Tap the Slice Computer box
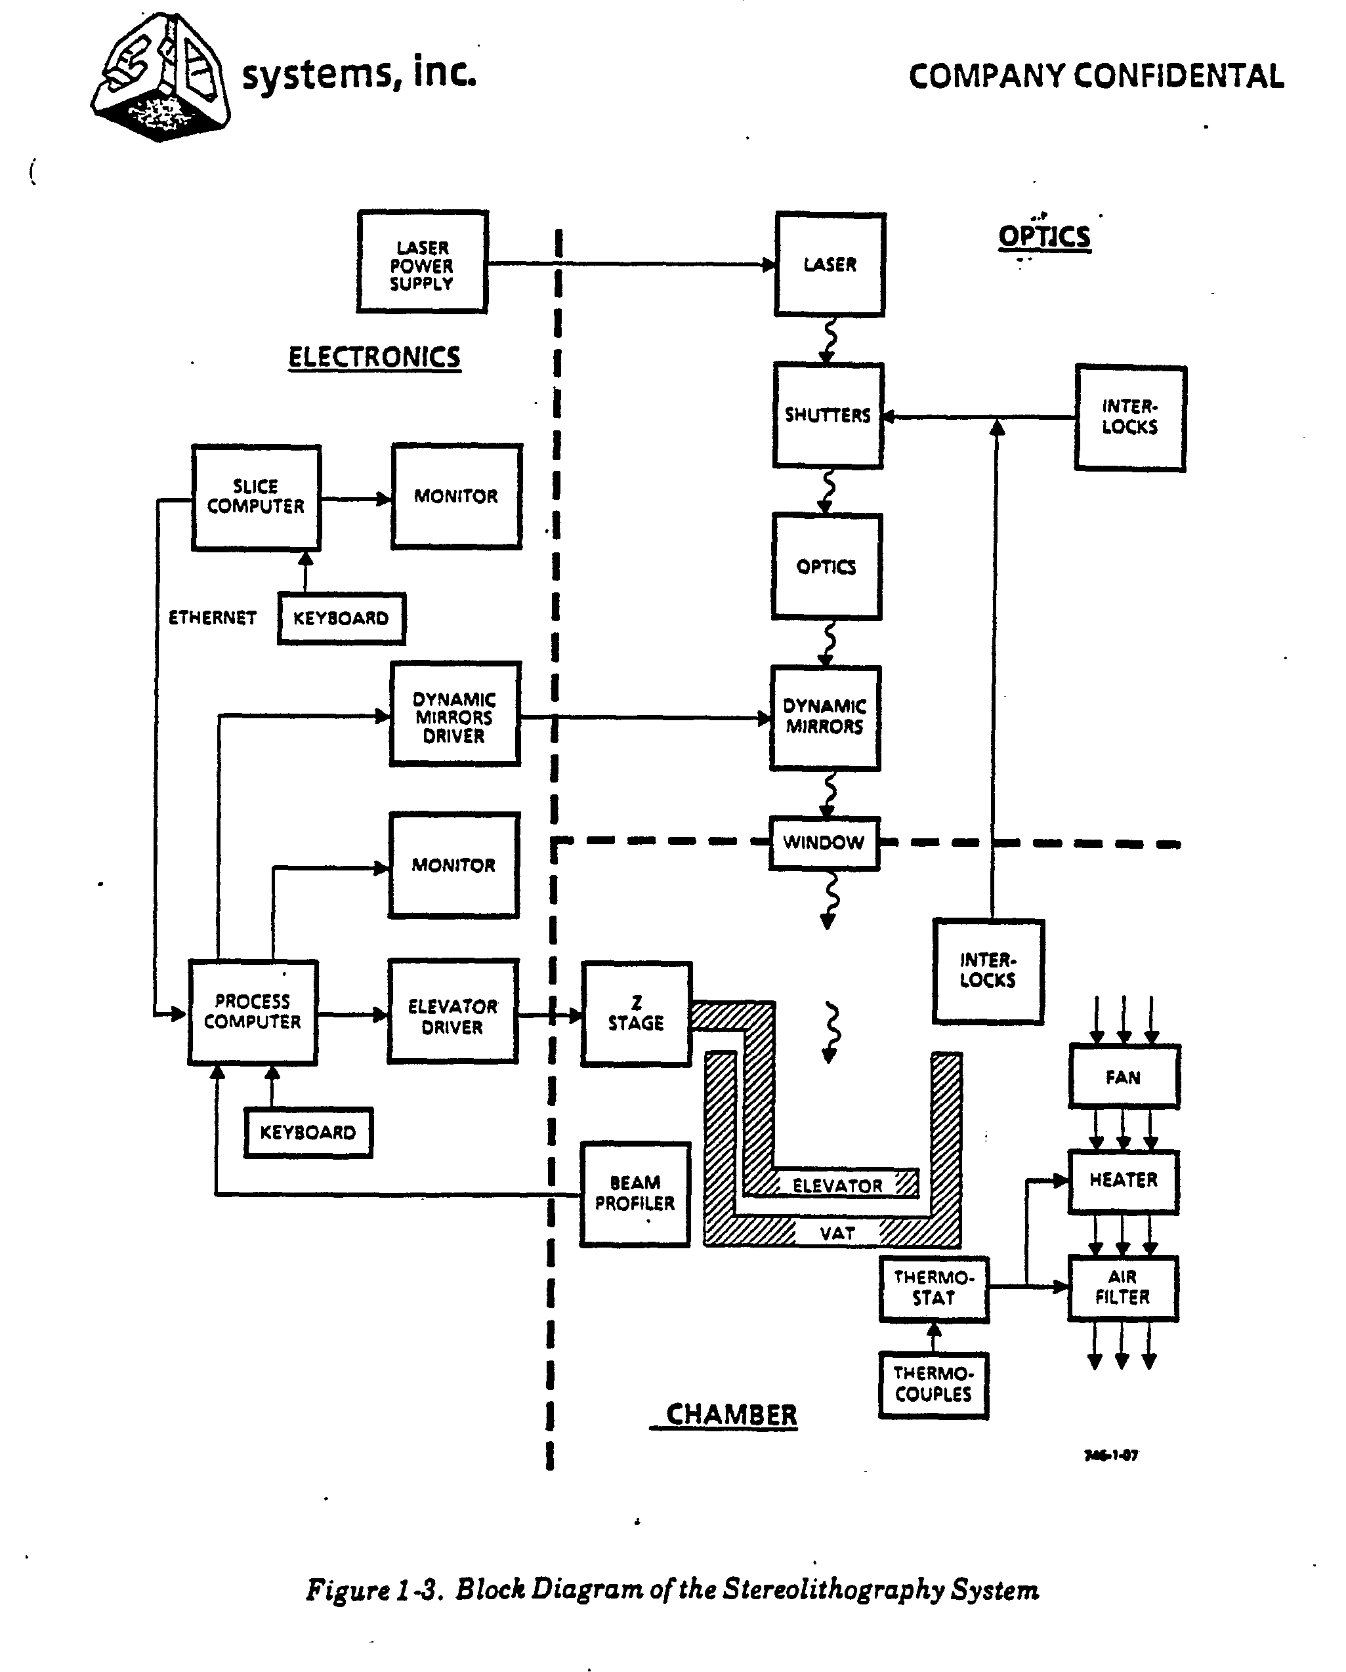[x=256, y=498]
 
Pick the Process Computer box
[x=253, y=1012]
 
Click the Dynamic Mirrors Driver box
[x=455, y=714]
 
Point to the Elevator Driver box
[x=453, y=1011]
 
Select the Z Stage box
[x=636, y=1014]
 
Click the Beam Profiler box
[x=635, y=1194]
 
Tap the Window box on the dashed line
[x=824, y=843]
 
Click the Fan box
[x=1124, y=1076]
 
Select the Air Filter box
[x=1124, y=1288]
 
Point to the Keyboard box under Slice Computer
[x=341, y=618]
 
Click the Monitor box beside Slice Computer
[x=456, y=497]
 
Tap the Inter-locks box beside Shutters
[x=1130, y=418]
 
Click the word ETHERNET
[x=212, y=617]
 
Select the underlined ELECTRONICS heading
[x=375, y=357]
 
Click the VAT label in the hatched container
[x=837, y=1233]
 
